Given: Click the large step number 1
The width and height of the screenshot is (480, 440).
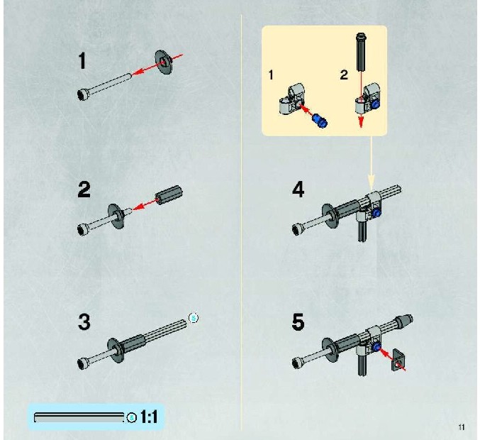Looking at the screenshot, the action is point(82,60).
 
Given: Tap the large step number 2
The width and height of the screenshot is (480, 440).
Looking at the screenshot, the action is point(84,189).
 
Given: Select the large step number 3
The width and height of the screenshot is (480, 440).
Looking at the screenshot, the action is point(84,321).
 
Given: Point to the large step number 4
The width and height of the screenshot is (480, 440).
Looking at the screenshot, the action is point(298,189).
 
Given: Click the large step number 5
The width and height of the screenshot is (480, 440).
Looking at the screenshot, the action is point(298,322).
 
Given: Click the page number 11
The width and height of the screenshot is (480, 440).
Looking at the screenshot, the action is point(462,427).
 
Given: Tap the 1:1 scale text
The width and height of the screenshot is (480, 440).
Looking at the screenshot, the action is point(149,417).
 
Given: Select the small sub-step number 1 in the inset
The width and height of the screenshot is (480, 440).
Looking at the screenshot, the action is point(271,75).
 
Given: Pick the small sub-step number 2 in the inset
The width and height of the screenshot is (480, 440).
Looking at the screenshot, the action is point(344,75).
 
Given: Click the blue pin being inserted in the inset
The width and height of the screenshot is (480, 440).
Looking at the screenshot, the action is point(320,120).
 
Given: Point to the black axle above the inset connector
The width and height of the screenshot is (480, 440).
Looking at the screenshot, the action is point(361,52).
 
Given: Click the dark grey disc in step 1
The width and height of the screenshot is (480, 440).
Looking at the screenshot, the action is point(164,62).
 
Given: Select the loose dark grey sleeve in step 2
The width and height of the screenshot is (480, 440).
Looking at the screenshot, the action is point(169,194).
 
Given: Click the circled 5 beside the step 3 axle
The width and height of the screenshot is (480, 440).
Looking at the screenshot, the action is point(194,319).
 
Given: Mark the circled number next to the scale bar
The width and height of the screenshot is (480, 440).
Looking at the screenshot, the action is point(132,417).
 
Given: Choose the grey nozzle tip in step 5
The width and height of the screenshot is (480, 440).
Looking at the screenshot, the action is point(404,321).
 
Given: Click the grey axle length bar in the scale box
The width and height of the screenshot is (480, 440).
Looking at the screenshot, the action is point(79,417).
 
